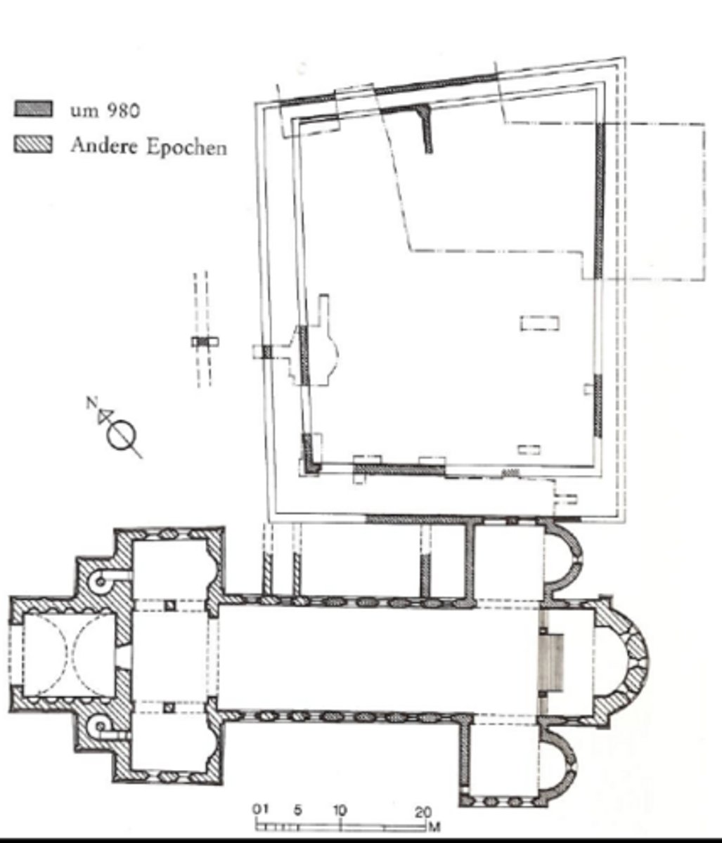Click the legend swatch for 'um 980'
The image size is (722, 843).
[x=34, y=109]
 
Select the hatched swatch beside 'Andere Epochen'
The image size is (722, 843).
[x=34, y=145]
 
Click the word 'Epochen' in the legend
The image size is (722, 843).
[x=187, y=148]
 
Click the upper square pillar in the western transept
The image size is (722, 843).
[x=170, y=606]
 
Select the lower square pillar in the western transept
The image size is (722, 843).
[x=169, y=707]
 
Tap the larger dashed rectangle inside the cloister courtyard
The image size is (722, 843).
[x=539, y=323]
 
